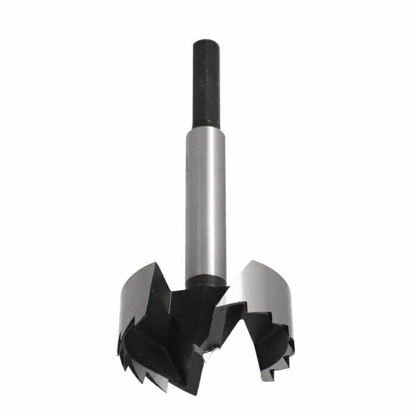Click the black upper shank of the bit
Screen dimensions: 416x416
point(206,83)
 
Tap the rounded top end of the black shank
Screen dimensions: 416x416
point(206,42)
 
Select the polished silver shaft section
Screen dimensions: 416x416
point(206,202)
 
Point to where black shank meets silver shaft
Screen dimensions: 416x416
point(206,127)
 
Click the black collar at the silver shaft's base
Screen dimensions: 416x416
point(206,280)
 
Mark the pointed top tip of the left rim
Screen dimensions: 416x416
point(154,263)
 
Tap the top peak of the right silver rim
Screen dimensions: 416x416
point(253,261)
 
